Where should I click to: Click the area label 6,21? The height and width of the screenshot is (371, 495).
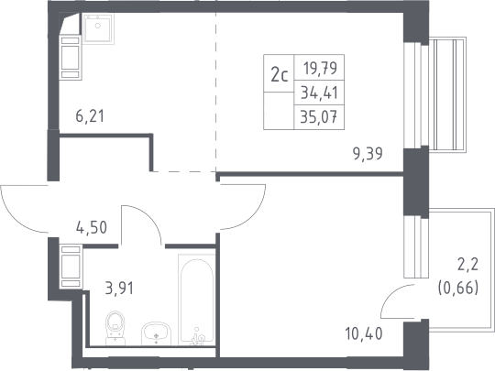click(90, 116)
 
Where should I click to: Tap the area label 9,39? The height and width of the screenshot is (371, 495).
click(368, 154)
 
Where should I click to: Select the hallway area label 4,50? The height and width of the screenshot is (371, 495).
click(92, 227)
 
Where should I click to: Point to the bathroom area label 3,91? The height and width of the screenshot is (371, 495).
click(119, 289)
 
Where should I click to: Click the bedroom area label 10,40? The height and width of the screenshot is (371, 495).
click(364, 333)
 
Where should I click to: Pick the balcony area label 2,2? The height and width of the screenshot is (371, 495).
click(468, 265)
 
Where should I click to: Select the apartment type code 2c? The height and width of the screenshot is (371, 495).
click(280, 75)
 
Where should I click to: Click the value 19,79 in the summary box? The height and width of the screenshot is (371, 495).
click(320, 68)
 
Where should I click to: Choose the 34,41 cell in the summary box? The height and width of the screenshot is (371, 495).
click(320, 93)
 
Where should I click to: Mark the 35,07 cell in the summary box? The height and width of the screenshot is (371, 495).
click(319, 117)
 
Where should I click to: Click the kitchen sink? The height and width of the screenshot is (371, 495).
click(98, 28)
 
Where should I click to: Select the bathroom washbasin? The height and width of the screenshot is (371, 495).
click(156, 333)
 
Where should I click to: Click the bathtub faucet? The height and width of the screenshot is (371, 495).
click(198, 336)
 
